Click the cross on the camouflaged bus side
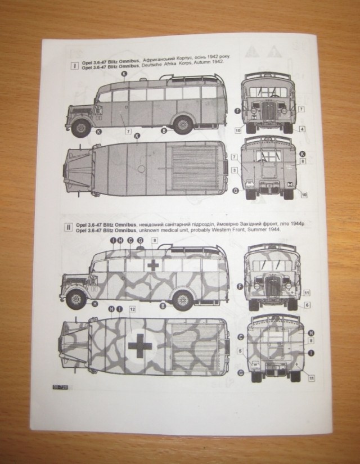(x=152, y=266)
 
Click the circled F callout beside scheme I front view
(x=237, y=111)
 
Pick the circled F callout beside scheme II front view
(x=240, y=286)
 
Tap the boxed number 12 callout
(x=132, y=309)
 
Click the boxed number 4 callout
(x=302, y=129)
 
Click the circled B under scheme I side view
(x=163, y=130)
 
